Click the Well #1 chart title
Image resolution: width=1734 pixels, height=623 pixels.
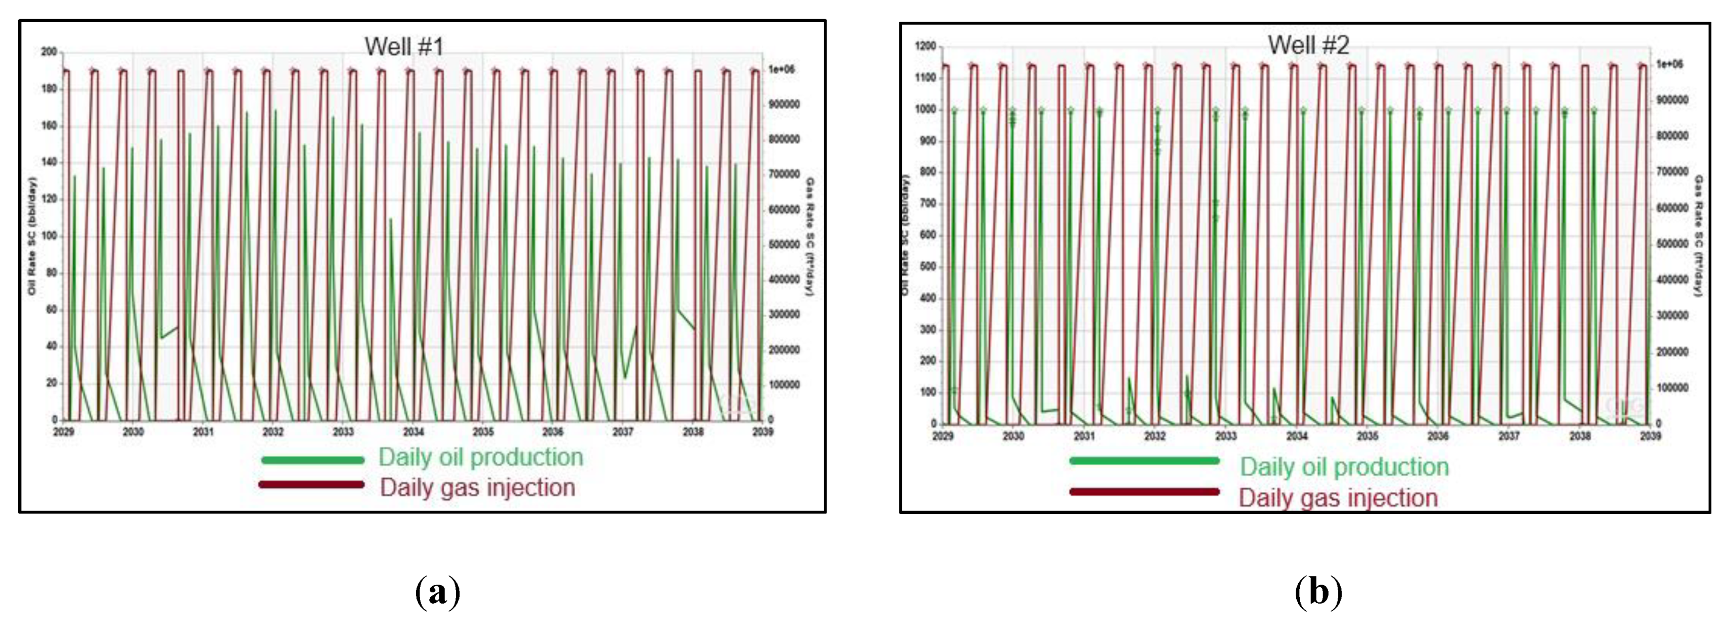404,46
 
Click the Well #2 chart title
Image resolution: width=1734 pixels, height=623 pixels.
1308,45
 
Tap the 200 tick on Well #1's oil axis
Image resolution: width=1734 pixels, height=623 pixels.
49,52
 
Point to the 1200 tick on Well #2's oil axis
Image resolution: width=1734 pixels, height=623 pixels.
925,46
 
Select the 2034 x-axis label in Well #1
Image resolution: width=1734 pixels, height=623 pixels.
414,432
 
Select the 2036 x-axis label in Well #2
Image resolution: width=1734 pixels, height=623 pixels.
1438,436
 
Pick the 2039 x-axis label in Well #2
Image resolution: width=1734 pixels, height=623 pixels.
1650,436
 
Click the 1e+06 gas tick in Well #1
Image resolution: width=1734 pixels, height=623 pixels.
782,69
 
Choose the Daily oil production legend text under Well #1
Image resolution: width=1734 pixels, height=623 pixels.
480,457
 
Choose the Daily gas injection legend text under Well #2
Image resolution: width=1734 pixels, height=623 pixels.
1338,498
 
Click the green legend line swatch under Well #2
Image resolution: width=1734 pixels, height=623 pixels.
1144,461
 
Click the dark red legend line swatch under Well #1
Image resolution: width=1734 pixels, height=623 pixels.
312,484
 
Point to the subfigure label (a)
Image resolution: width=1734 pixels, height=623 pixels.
438,592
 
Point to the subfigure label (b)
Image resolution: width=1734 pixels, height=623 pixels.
1318,592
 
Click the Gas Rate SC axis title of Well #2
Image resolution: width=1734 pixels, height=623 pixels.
1698,236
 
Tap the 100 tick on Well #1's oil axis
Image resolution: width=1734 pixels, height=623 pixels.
49,236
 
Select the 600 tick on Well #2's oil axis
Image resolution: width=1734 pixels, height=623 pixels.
927,235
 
